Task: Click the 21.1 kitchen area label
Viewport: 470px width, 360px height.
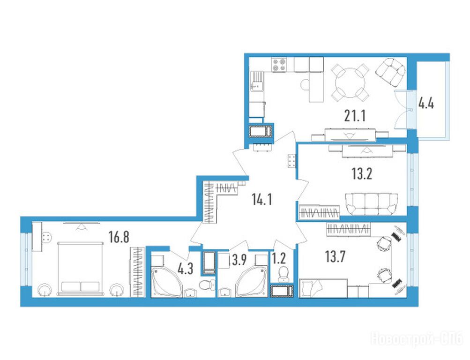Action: tap(355, 116)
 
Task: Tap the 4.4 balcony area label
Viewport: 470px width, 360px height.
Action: tap(426, 105)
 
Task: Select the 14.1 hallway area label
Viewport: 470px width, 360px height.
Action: tap(262, 199)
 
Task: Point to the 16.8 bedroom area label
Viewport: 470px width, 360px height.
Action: tap(119, 237)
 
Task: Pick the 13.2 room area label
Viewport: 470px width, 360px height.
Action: tap(362, 174)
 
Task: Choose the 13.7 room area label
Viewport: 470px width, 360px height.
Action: tap(336, 257)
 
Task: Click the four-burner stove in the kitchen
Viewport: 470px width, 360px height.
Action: tap(279, 65)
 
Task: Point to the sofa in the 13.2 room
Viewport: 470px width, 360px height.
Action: tap(372, 204)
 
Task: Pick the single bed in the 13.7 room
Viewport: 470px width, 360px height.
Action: tap(323, 288)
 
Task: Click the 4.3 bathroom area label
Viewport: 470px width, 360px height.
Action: tap(185, 269)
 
